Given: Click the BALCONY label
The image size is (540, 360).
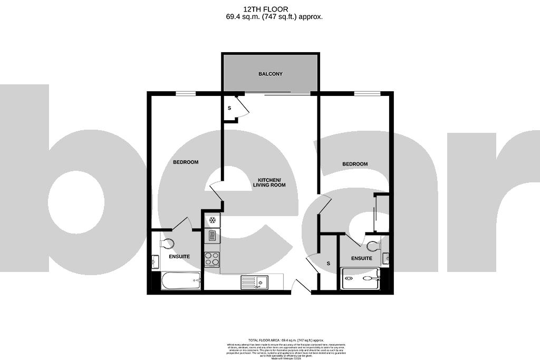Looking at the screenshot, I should (270, 74).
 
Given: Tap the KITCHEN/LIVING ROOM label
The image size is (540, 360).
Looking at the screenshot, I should (269, 182).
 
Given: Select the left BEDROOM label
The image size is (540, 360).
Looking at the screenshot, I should (186, 162).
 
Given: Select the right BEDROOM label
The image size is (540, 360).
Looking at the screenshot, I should (355, 164).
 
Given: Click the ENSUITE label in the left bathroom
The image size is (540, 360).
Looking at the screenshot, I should (179, 256).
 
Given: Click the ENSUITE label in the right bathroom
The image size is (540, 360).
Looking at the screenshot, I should (362, 258).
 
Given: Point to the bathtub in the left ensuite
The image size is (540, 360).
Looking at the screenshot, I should (181, 280).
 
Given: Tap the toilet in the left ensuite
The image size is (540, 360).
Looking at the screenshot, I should (167, 244).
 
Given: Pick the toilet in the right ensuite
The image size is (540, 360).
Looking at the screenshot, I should (372, 246).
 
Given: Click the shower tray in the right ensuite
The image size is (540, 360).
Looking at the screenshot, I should (361, 278).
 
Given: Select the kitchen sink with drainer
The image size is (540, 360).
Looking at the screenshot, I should (254, 283).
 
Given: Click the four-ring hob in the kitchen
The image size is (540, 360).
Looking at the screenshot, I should (212, 258).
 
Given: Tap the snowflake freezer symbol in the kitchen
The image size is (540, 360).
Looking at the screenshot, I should (212, 220).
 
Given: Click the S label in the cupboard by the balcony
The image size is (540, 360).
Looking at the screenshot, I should (229, 108).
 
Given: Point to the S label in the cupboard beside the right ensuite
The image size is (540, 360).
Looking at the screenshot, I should (329, 263).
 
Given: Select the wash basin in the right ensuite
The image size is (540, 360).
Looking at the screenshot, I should (386, 258).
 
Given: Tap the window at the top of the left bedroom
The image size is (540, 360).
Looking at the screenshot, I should (186, 94).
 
